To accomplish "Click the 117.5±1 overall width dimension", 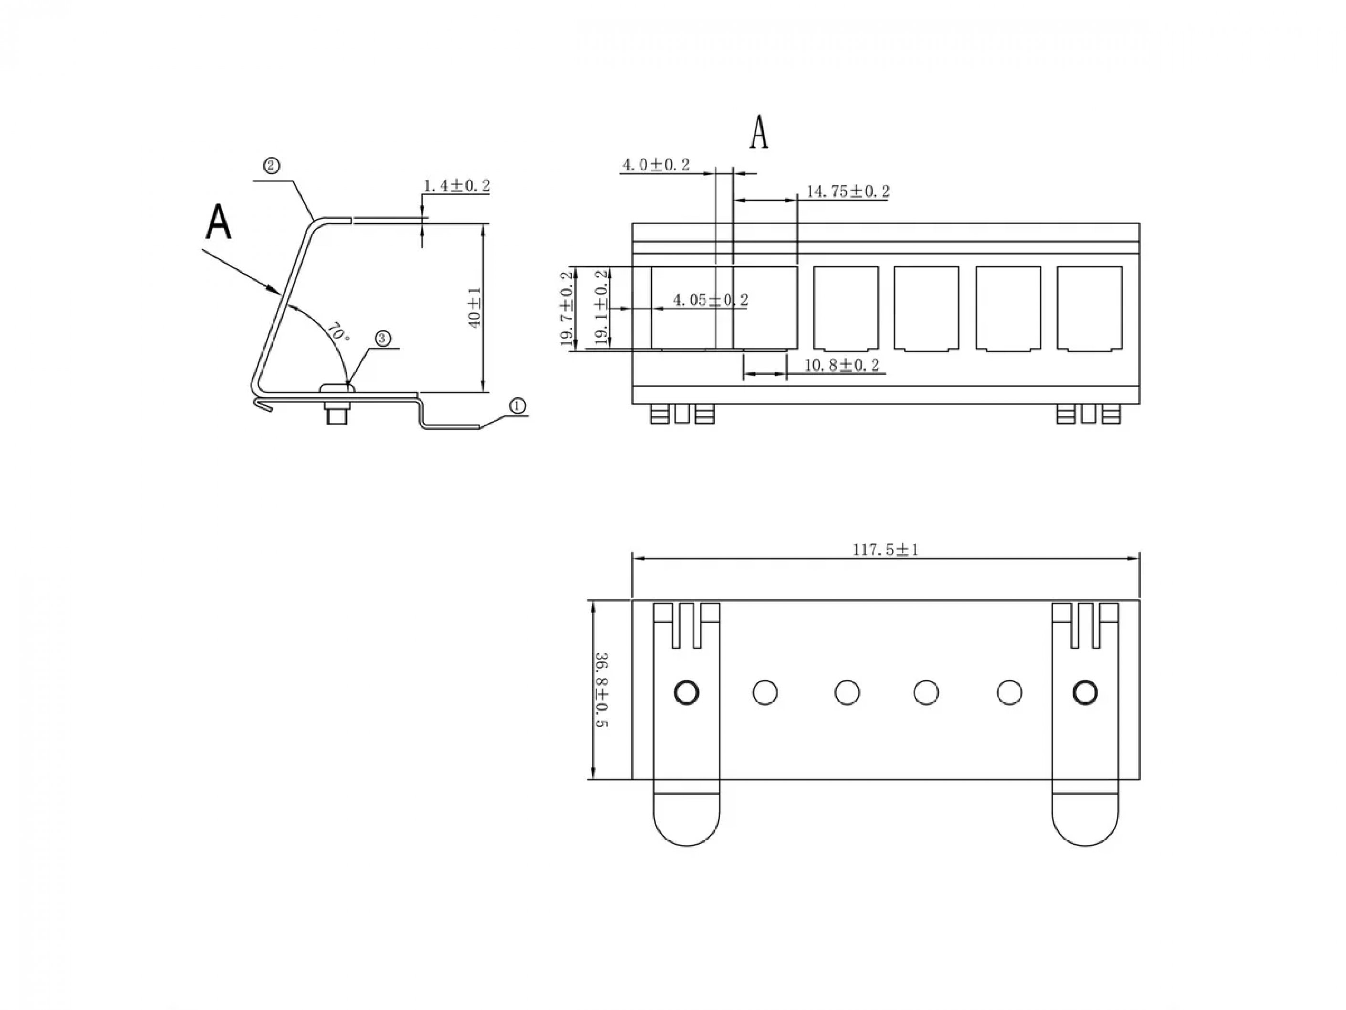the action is [x=885, y=550].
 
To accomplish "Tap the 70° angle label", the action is [x=338, y=332].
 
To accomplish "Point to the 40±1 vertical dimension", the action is [x=474, y=308].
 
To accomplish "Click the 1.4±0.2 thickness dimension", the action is [x=457, y=185].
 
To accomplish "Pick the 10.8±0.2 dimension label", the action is [x=842, y=365].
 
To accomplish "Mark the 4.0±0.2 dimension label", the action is [x=656, y=165].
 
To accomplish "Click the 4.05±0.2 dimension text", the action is [x=711, y=299].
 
